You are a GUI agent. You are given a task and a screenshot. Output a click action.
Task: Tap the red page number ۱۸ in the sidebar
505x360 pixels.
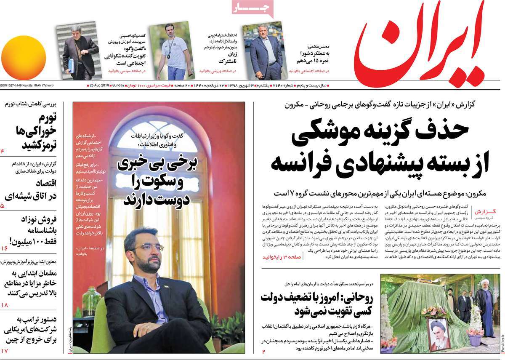(x=5, y=304)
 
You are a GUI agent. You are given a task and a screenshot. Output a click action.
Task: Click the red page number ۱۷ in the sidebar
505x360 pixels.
(x=5, y=350)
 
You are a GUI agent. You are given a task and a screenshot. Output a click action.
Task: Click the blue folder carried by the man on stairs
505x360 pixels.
(x=71, y=65)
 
